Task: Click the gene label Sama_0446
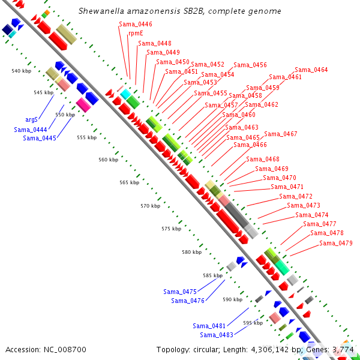pyautogui.click(x=135, y=24)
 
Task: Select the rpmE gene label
pyautogui.click(x=136, y=34)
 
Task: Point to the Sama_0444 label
pyautogui.click(x=31, y=129)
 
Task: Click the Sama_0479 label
pyautogui.click(x=335, y=243)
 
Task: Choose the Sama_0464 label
pyautogui.click(x=311, y=70)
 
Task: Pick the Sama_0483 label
pyautogui.click(x=216, y=335)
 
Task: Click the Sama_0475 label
pyautogui.click(x=179, y=292)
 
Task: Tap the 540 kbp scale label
pyautogui.click(x=21, y=71)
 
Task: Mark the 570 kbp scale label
pyautogui.click(x=151, y=206)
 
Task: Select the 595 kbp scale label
pyautogui.click(x=253, y=323)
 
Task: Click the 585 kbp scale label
pyautogui.click(x=212, y=275)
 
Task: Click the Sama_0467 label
pyautogui.click(x=280, y=134)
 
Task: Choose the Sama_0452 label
pyautogui.click(x=208, y=64)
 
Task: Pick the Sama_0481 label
pyautogui.click(x=209, y=326)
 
